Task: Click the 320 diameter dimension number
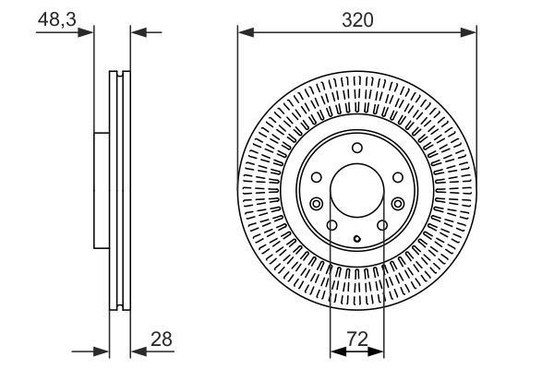click(357, 19)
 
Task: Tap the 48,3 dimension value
click(56, 19)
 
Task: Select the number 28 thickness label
click(161, 339)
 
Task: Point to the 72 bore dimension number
click(357, 339)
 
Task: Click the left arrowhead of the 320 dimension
click(246, 33)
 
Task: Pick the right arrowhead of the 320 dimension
click(468, 33)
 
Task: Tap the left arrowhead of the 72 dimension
click(338, 351)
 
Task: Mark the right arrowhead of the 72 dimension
click(376, 351)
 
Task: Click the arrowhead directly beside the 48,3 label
click(86, 32)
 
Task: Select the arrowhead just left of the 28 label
click(138, 351)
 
